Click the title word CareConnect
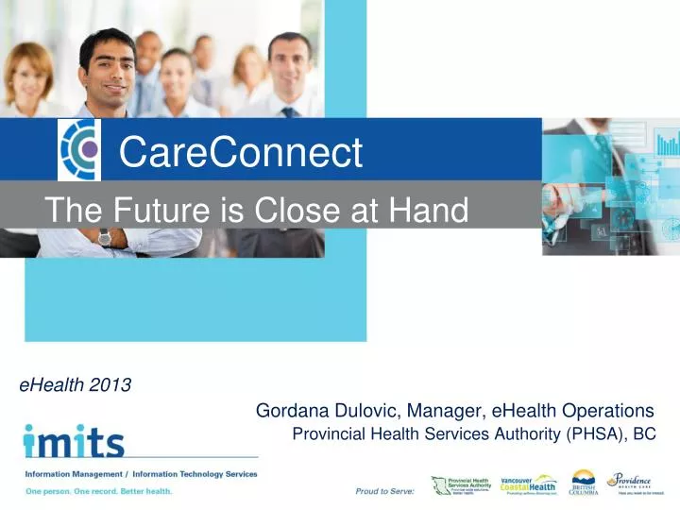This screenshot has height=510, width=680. (x=241, y=152)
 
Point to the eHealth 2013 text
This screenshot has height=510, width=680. (x=76, y=384)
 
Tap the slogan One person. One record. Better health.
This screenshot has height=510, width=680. (x=99, y=491)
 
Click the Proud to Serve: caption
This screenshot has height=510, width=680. (x=384, y=491)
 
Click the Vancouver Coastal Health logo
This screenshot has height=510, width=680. (x=529, y=485)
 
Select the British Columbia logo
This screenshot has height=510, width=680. (x=585, y=484)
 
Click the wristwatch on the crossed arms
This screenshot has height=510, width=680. (x=104, y=237)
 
